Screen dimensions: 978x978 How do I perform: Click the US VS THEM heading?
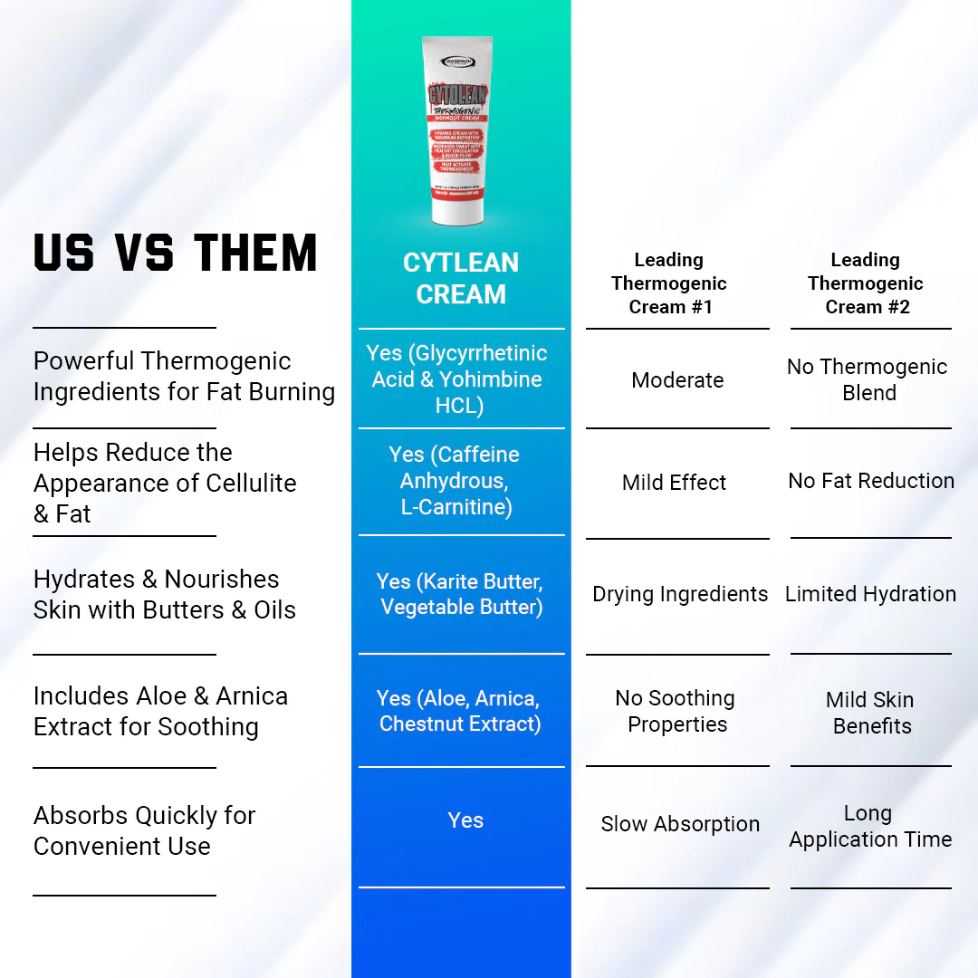point(176,253)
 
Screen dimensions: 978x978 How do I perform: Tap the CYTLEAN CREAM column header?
point(461,278)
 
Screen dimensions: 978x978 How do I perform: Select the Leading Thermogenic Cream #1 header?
point(669,283)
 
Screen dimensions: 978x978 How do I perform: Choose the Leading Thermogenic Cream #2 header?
point(866,283)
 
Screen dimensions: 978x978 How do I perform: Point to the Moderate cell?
point(677,380)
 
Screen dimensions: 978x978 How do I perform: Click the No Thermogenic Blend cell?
point(868,379)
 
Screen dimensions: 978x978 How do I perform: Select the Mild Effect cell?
point(674,483)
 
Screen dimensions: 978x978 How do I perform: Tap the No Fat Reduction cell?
point(871,481)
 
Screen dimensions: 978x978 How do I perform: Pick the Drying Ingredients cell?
point(680,594)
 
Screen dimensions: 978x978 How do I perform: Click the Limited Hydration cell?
point(870,594)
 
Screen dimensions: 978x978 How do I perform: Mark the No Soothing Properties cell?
point(676,711)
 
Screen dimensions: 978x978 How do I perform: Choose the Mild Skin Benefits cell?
point(870,713)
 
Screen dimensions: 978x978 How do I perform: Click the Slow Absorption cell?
point(680,824)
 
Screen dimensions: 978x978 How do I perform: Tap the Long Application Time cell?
point(870,827)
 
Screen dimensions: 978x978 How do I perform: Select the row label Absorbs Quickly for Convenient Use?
point(145,830)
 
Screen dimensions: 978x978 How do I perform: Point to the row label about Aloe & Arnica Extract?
point(160,711)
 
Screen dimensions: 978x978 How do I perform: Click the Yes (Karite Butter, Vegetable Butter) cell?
point(461,594)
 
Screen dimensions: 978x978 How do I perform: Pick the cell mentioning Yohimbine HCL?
point(458,379)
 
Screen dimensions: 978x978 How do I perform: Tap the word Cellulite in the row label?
point(249,483)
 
